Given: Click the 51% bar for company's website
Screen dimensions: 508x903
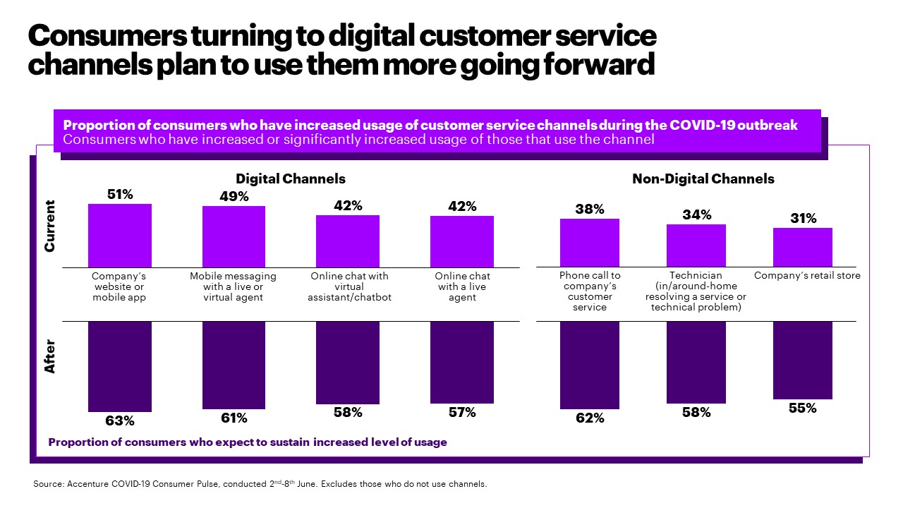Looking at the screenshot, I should coord(120,236).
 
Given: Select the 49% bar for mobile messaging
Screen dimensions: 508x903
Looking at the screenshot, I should coord(234,236).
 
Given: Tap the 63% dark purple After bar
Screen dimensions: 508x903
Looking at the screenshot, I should coord(120,366).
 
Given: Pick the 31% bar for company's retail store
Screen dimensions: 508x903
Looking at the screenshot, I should coord(803,247).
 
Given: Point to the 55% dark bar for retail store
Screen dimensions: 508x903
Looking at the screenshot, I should coord(803,360).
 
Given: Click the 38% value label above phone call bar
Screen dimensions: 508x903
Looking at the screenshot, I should coord(589,209).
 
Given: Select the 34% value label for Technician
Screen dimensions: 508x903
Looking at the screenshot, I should coord(696,214).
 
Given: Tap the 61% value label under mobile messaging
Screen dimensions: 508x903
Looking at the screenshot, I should coord(234,418).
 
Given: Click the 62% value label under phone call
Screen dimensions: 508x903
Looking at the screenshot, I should coord(590,418).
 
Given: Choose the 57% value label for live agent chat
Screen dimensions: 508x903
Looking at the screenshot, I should coord(462,413).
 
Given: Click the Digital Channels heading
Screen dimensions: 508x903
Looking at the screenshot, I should coord(291,179).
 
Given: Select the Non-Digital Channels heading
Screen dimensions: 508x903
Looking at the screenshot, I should coord(703,179).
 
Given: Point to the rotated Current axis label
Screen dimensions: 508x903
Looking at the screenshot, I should coord(50,226).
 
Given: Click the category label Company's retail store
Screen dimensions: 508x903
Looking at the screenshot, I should coord(807,276).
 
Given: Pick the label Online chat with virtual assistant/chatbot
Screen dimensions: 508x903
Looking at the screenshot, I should coord(349,286).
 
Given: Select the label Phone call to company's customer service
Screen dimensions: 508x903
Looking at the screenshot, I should coord(590,291).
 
